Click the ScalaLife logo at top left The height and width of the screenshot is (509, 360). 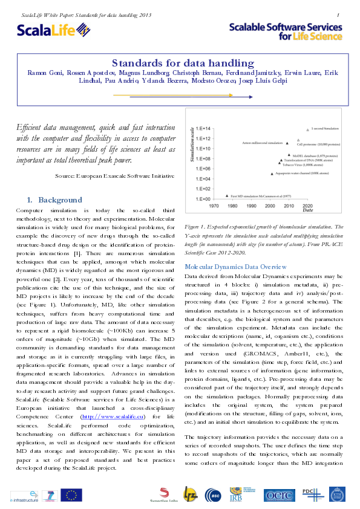[53, 31]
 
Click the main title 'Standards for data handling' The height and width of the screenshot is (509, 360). [180, 63]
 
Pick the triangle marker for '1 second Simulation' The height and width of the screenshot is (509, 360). [307, 128]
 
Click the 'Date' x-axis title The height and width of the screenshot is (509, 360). [307, 211]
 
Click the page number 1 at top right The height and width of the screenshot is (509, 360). [337, 14]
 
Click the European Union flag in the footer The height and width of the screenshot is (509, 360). [71, 494]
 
